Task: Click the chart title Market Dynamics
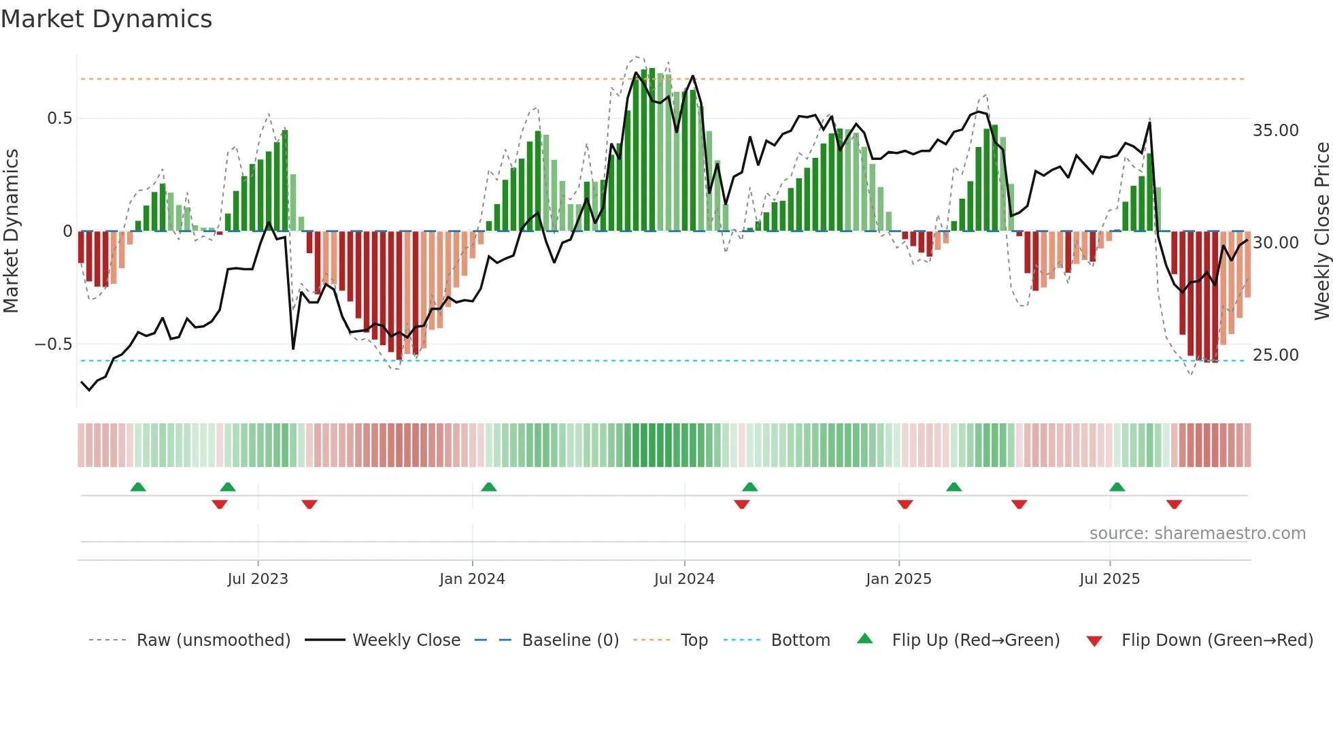pyautogui.click(x=106, y=19)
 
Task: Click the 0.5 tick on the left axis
pyautogui.click(x=59, y=118)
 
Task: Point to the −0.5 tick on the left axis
pyautogui.click(x=54, y=344)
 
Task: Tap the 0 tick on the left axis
pyautogui.click(x=67, y=231)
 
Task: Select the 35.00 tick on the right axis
pyautogui.click(x=1275, y=131)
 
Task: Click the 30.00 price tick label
pyautogui.click(x=1275, y=243)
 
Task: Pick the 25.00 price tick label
pyautogui.click(x=1275, y=355)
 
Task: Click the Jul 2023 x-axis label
pyautogui.click(x=258, y=579)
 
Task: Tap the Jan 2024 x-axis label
pyautogui.click(x=472, y=579)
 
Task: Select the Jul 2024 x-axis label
pyautogui.click(x=684, y=579)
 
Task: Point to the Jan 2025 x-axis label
pyautogui.click(x=898, y=579)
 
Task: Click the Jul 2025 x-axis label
pyautogui.click(x=1109, y=579)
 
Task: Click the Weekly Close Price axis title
pyautogui.click(x=1321, y=231)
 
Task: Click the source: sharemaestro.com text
pyautogui.click(x=1197, y=534)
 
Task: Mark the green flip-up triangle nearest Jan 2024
pyautogui.click(x=488, y=487)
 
